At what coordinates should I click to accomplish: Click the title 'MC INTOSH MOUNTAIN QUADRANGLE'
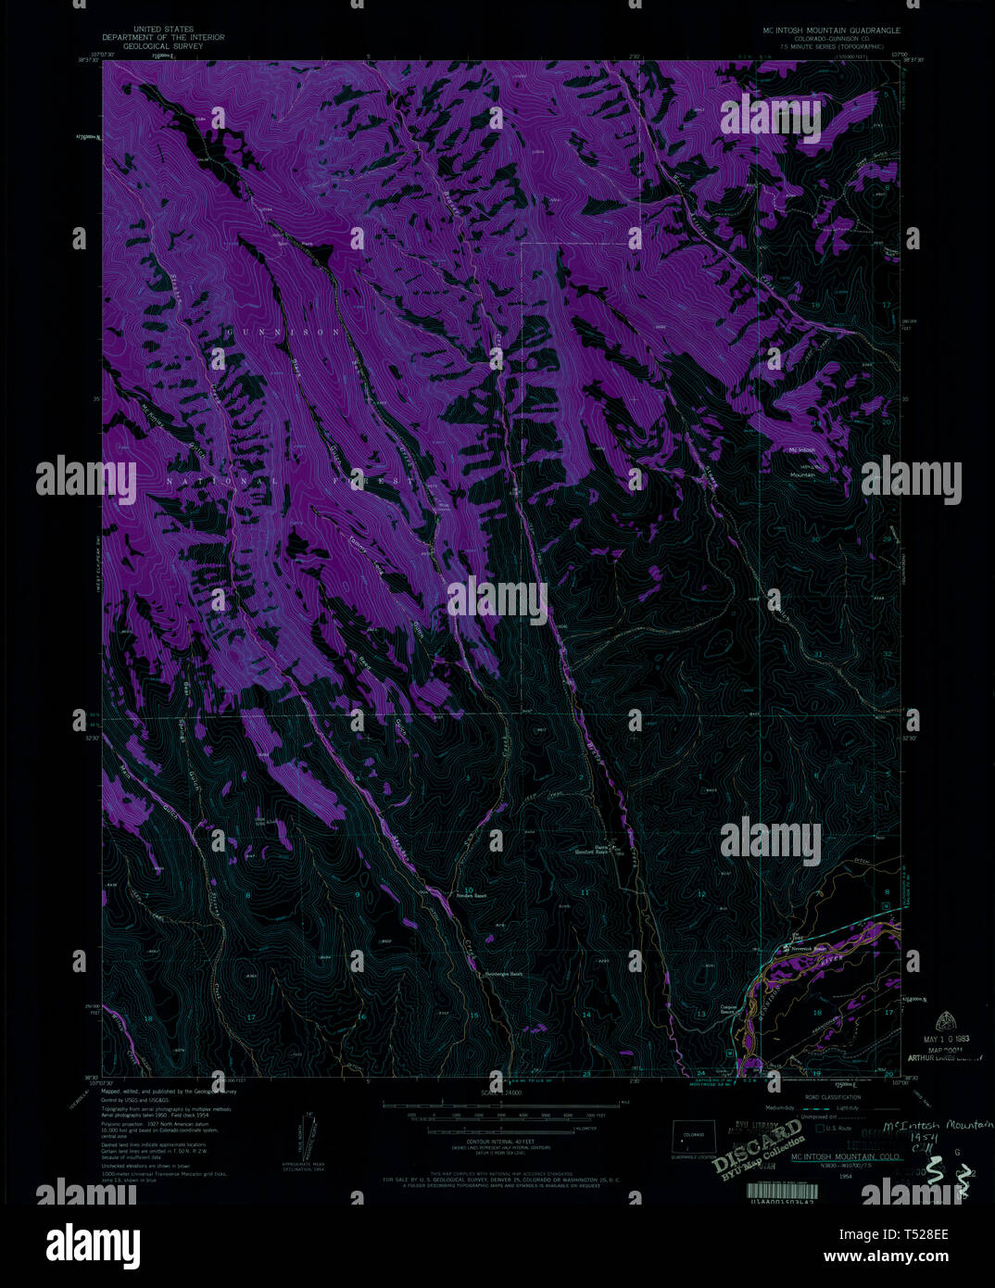[825, 31]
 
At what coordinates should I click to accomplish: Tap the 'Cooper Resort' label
[733, 1012]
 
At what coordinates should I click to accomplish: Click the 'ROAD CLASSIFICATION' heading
[834, 1096]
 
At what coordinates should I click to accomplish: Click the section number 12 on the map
[702, 893]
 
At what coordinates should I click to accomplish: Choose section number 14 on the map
[586, 1014]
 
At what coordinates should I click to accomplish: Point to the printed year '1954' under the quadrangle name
[845, 1176]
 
